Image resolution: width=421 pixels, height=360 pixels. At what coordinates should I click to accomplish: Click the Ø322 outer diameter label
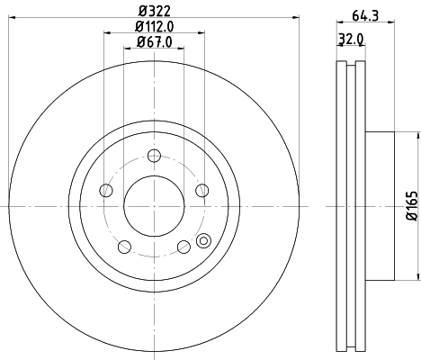point(153,12)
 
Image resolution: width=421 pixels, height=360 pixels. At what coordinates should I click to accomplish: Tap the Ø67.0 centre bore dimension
point(154,43)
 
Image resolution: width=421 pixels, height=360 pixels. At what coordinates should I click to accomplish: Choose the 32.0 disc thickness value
point(351,40)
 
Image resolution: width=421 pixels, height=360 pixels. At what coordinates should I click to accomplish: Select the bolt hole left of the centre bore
point(106,190)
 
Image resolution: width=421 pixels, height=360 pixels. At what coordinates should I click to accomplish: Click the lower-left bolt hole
point(123,245)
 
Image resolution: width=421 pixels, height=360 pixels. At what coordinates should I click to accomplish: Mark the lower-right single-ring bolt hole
point(183,245)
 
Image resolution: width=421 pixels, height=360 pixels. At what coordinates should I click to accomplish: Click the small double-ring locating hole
point(203,240)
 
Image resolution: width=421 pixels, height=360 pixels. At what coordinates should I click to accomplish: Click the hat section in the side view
point(380,207)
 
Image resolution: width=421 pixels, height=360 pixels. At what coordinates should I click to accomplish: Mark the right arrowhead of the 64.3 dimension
point(392,22)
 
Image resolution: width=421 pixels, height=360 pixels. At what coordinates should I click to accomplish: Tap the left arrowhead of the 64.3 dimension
point(338,22)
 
